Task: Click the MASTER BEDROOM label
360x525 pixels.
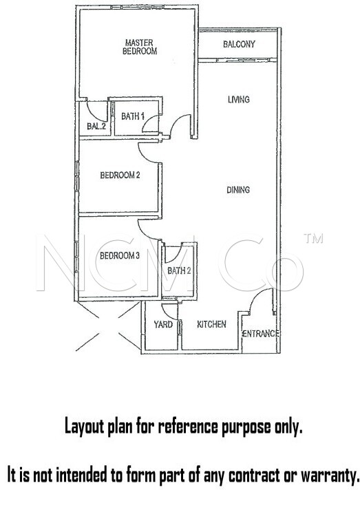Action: (140, 47)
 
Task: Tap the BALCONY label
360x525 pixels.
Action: (239, 44)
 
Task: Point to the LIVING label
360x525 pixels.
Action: (239, 100)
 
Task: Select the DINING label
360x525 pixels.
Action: (238, 190)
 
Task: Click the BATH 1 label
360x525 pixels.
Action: (133, 116)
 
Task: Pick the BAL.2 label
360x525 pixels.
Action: (96, 126)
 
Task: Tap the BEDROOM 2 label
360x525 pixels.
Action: (120, 175)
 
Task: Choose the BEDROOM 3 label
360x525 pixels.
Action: (120, 256)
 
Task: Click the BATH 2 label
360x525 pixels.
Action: (179, 270)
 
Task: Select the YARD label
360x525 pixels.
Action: (163, 324)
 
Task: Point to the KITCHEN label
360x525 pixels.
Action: (211, 324)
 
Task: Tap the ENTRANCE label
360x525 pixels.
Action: (261, 334)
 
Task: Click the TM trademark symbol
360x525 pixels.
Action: (313, 238)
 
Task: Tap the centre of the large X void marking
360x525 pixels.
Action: (108, 325)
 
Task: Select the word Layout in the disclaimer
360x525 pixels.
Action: (85, 427)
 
